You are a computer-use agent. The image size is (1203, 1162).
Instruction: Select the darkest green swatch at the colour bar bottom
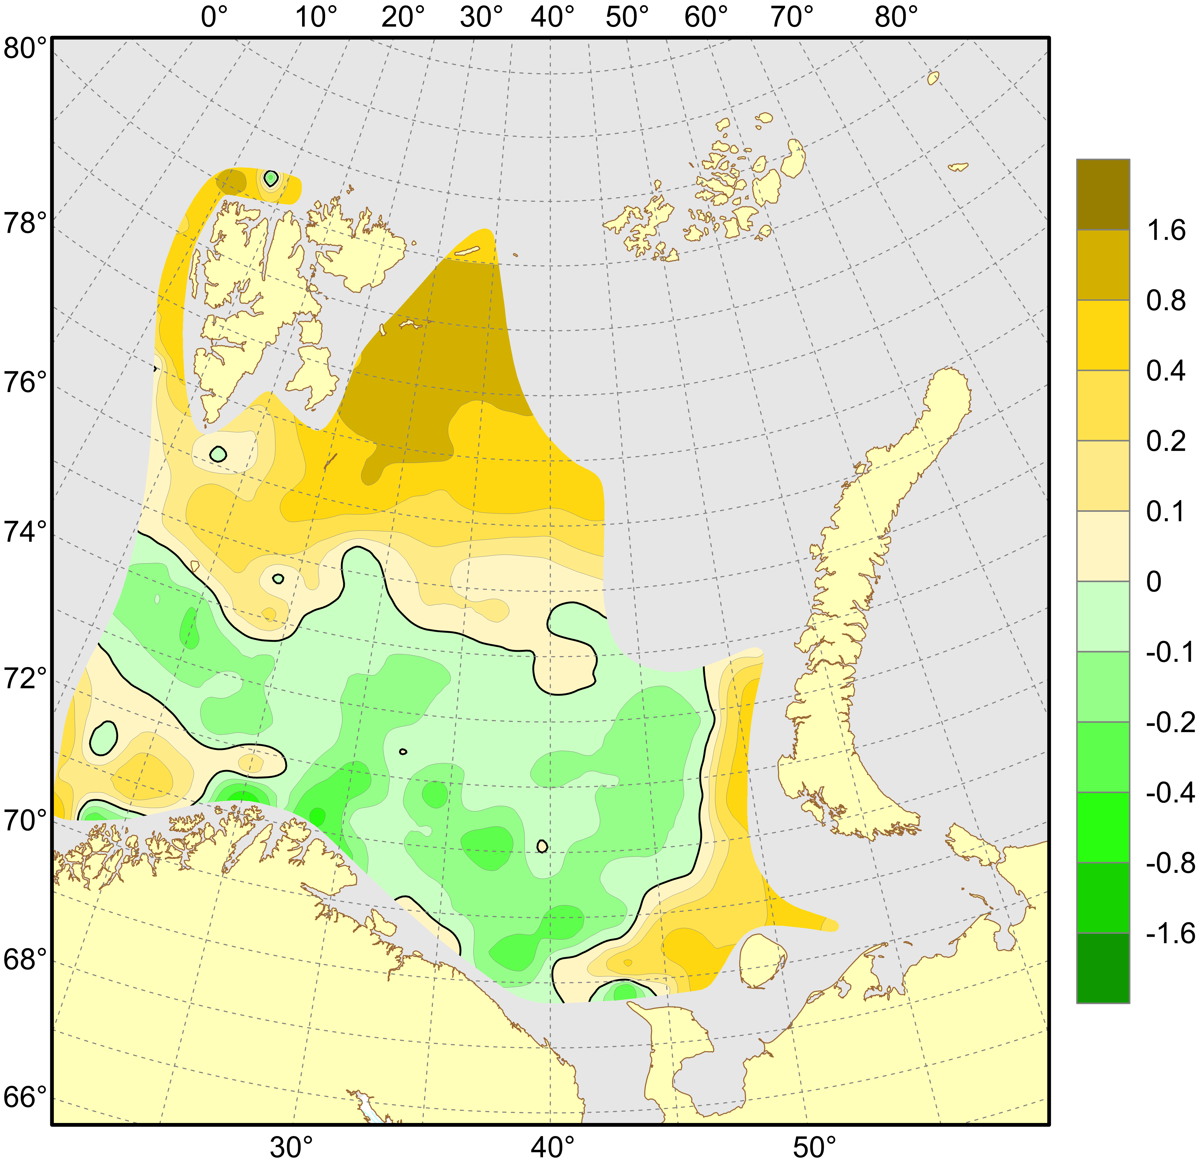tap(1103, 968)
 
